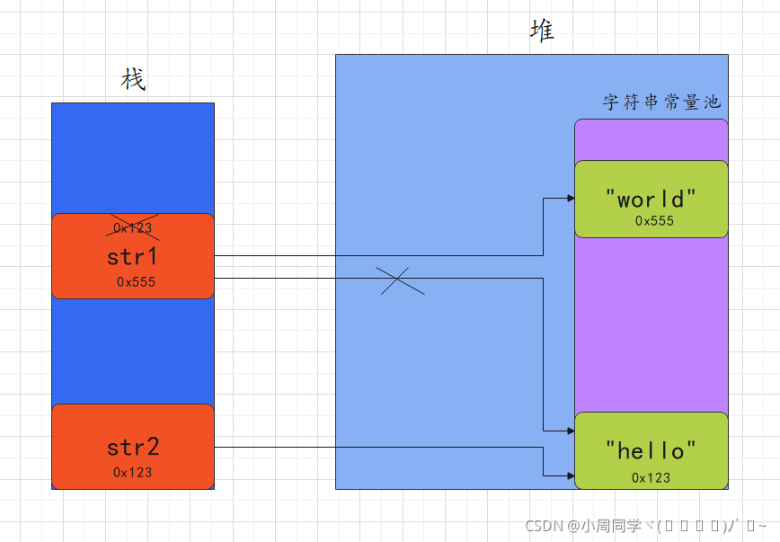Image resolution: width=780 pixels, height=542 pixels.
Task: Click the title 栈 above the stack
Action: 133,80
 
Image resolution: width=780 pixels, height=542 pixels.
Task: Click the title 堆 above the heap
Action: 542,31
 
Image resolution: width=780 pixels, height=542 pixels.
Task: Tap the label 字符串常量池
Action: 661,102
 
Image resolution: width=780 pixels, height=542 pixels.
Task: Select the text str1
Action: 132,256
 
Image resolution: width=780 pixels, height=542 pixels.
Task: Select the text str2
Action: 132,447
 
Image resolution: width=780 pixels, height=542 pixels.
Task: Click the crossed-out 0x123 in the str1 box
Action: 132,228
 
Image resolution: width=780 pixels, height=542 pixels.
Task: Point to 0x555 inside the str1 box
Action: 136,282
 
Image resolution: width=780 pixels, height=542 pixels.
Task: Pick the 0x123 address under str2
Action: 132,472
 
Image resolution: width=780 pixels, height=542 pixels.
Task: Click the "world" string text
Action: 651,199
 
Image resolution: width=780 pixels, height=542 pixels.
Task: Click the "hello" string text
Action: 651,449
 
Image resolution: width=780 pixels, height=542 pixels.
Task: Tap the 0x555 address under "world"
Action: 654,221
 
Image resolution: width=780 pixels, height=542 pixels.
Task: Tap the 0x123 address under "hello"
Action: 651,477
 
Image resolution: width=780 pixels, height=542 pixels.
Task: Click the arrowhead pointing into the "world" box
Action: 570,199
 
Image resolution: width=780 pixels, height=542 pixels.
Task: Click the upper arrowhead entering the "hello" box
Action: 570,431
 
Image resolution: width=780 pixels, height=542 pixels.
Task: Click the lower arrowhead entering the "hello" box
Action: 570,475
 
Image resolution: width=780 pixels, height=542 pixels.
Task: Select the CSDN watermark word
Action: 544,526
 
